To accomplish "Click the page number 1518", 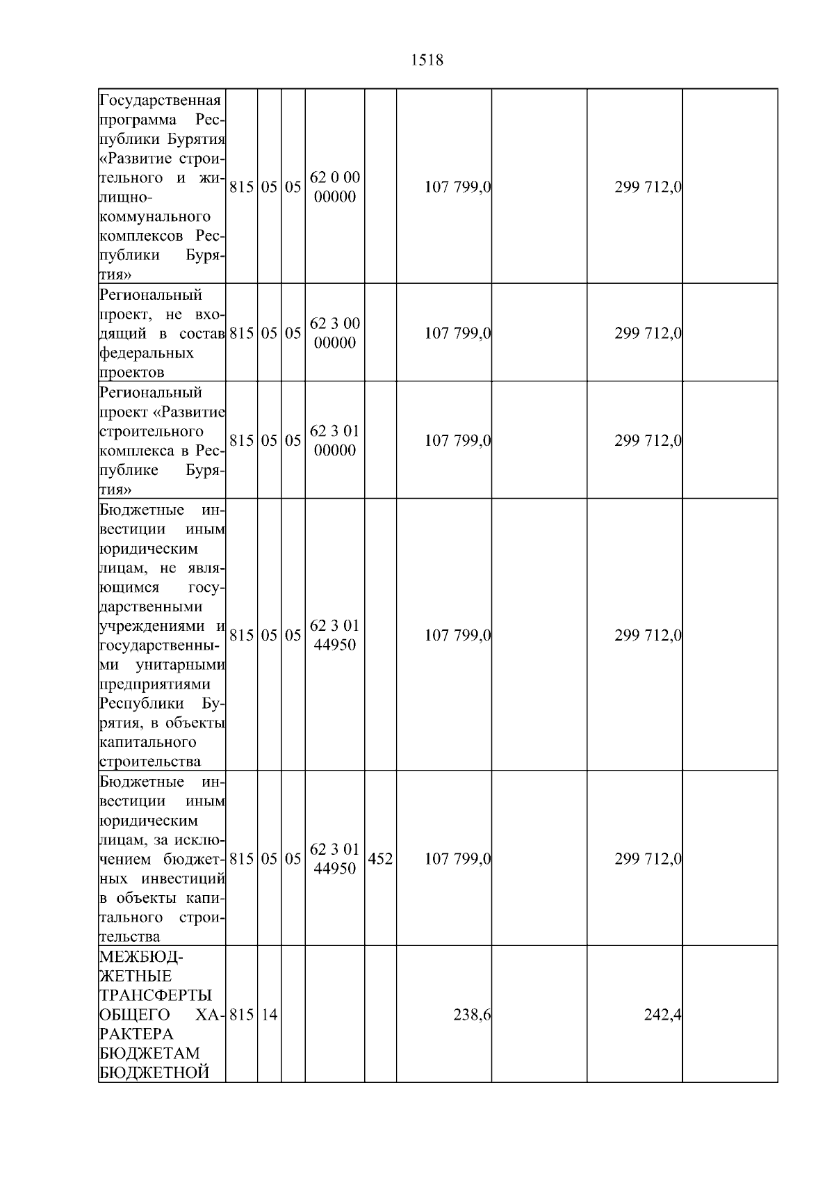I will (427, 61).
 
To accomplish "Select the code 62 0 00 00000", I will (334, 187).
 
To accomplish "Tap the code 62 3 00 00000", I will (334, 333).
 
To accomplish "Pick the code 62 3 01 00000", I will (334, 440).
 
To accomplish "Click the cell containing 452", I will (380, 859).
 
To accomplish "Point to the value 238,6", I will (472, 1015).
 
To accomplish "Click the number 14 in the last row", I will (269, 1015).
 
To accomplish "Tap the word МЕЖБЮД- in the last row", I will (142, 958).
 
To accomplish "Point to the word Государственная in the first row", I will (161, 101).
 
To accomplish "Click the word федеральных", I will (147, 353).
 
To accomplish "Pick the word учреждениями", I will (155, 627).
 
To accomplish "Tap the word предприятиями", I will (155, 684).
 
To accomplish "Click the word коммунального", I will (155, 217).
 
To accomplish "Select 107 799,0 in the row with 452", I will (457, 859).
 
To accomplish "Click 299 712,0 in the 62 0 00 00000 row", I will (648, 187).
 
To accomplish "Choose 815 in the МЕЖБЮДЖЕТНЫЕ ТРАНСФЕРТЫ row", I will (241, 1015).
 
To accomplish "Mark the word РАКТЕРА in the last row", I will (136, 1034).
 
